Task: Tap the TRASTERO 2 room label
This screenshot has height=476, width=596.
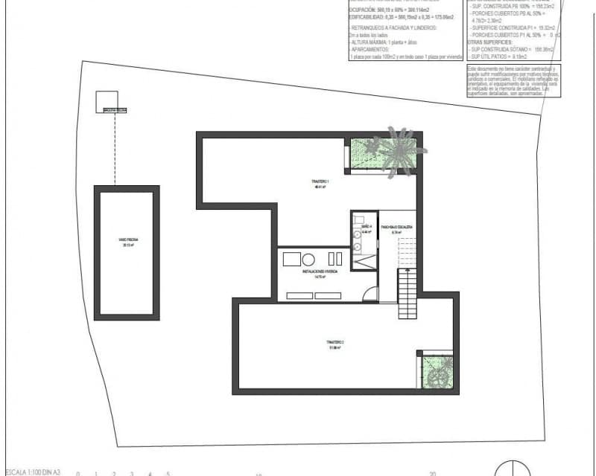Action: click(x=333, y=344)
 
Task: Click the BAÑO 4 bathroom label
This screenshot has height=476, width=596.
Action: click(x=366, y=226)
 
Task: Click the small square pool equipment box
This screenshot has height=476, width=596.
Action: click(x=107, y=101)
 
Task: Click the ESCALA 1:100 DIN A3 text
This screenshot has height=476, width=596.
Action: click(x=31, y=472)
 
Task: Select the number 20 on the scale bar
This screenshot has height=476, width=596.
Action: click(x=432, y=472)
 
